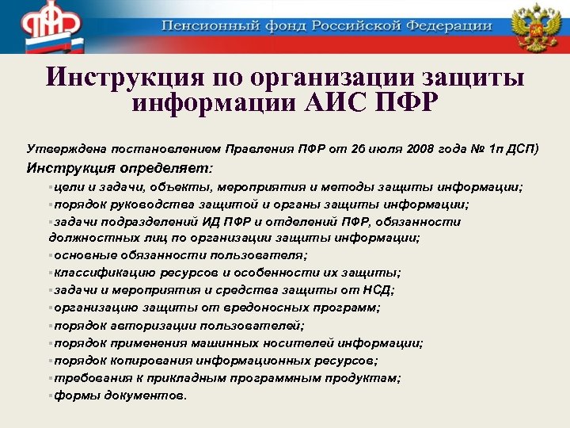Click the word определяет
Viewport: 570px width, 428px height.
pyautogui.click(x=165, y=168)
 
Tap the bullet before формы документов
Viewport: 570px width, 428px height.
pyautogui.click(x=50, y=395)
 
